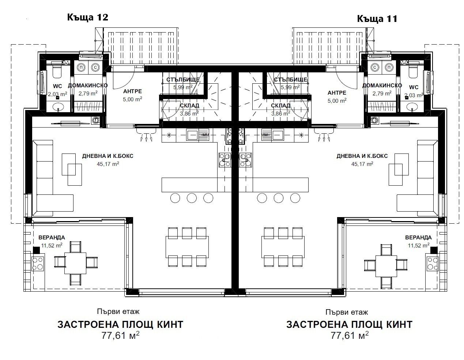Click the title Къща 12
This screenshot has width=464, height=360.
point(87,17)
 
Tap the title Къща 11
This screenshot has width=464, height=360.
point(377,19)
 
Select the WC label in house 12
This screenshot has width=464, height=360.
point(57,86)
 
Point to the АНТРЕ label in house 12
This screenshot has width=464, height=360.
point(132,91)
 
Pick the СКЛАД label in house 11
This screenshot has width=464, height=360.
point(280,106)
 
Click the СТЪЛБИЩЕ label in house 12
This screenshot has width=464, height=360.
point(183,80)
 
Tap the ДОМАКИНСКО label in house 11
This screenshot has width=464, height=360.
point(382,86)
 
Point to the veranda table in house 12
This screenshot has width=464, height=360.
point(76,262)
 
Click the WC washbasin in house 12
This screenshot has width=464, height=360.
point(58,107)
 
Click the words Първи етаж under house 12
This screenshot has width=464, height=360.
point(118,311)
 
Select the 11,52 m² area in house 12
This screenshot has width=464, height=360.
point(52,245)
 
